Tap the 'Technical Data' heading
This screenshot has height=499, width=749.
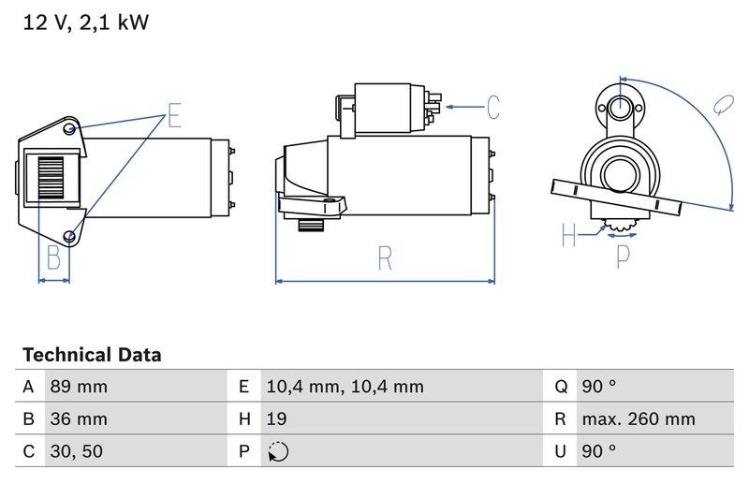click(x=92, y=356)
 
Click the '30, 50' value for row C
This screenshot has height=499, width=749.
click(x=75, y=451)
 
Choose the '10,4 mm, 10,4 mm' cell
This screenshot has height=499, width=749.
click(x=344, y=387)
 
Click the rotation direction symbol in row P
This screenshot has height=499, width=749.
click(x=277, y=452)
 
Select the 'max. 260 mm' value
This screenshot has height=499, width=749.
click(x=638, y=419)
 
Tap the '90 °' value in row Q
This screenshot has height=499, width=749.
click(x=598, y=387)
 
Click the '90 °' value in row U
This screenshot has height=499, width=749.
click(x=598, y=451)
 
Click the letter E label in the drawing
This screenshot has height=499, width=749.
click(x=174, y=117)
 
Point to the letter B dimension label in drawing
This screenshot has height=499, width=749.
click(x=53, y=257)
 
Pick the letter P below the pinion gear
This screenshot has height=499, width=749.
click(x=623, y=255)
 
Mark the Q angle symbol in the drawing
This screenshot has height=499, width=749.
click(x=722, y=104)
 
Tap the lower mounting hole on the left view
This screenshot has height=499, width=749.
click(x=71, y=235)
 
